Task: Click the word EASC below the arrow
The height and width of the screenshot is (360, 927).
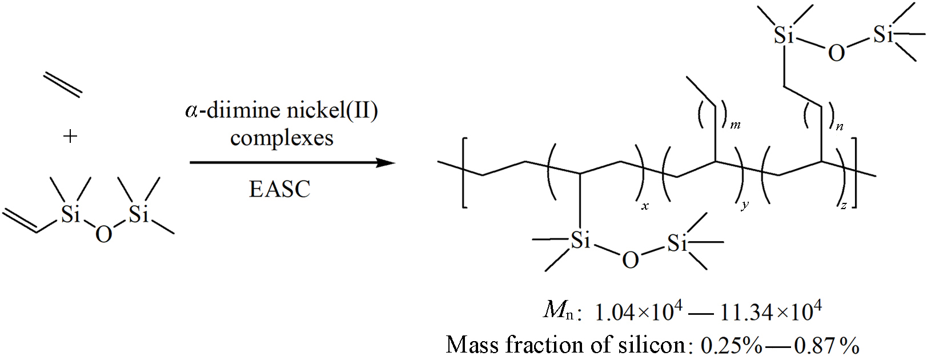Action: coord(279,189)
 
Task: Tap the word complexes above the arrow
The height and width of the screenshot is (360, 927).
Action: coord(282,139)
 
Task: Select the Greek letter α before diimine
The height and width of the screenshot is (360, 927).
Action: coord(191,111)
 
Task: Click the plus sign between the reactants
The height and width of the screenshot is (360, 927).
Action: coord(70,136)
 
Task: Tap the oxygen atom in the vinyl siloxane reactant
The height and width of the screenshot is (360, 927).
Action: coord(103,234)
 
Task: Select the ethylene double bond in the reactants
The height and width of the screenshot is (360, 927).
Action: coord(62,85)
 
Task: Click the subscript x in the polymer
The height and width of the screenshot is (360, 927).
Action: coord(645,206)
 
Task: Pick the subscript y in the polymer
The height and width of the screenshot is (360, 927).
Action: coord(745,205)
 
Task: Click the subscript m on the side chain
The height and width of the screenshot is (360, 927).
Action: coord(735,124)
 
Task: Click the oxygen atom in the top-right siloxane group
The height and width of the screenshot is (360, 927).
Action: coord(836,53)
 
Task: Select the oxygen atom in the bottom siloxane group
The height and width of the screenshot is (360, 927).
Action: coord(630,260)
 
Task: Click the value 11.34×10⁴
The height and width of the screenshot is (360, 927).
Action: coord(771,311)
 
